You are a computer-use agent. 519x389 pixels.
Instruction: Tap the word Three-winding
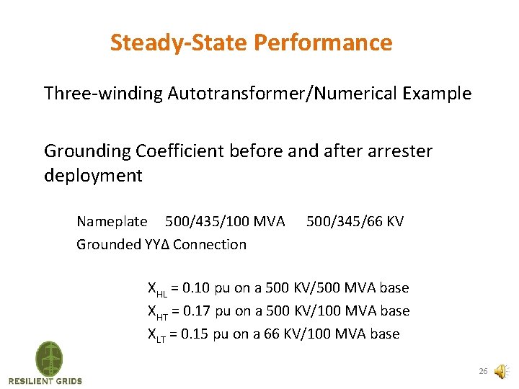click(x=103, y=94)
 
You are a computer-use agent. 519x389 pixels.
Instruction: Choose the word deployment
click(x=93, y=175)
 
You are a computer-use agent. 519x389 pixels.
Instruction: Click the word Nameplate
click(x=112, y=221)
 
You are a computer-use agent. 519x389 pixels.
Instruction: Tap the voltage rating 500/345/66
click(x=344, y=221)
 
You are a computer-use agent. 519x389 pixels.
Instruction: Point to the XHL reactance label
click(x=157, y=289)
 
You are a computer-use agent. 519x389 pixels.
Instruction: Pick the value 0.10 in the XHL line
click(x=196, y=288)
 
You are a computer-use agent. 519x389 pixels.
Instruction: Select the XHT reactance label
click(x=157, y=312)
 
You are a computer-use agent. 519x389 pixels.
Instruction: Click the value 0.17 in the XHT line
click(x=196, y=311)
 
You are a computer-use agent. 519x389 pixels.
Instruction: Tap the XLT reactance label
click(x=157, y=335)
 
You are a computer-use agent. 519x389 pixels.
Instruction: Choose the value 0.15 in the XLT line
click(x=196, y=334)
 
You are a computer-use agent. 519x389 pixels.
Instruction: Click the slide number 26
click(x=483, y=372)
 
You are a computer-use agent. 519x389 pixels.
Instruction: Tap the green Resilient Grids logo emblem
click(x=49, y=358)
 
